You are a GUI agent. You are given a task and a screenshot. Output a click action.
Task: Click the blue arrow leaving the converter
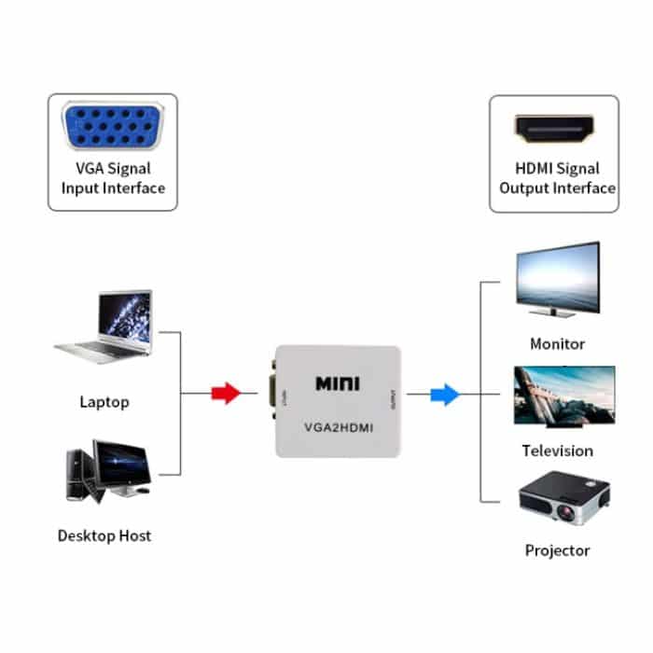click(x=445, y=395)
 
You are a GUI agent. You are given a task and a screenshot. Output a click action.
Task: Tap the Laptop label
click(x=104, y=403)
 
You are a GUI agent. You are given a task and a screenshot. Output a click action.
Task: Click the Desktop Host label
click(x=104, y=535)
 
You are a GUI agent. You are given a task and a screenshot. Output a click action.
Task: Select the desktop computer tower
click(x=79, y=476)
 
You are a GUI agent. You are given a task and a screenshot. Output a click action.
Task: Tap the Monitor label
click(x=557, y=343)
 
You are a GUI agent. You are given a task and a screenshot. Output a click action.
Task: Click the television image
click(x=563, y=395)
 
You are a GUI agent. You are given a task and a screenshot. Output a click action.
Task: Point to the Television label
click(x=557, y=451)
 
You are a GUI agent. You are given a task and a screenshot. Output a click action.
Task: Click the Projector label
click(x=557, y=550)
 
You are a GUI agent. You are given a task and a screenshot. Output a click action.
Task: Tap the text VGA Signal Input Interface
click(x=113, y=179)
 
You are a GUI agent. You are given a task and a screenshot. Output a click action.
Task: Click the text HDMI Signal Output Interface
click(x=557, y=179)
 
